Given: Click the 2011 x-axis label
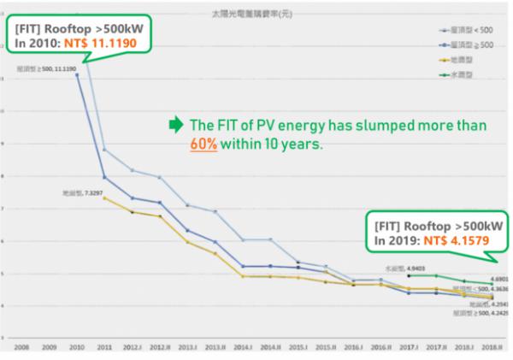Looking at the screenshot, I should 104,348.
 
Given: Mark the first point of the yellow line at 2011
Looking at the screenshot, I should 104,198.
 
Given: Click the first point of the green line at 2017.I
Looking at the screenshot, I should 410,275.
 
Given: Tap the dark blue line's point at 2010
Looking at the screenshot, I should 77,74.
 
